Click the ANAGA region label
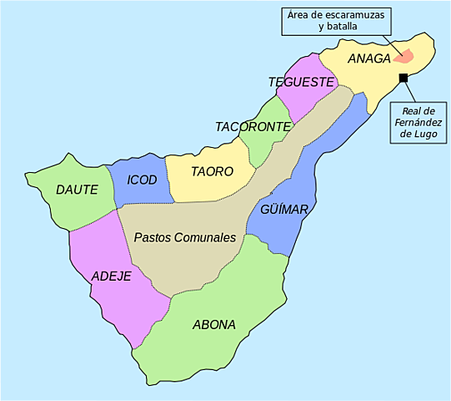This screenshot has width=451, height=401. click(369, 58)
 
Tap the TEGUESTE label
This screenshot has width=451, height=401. click(301, 82)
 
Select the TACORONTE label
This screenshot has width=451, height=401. click(253, 127)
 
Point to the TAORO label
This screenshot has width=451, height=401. click(212, 171)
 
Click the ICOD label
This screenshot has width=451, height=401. click(142, 180)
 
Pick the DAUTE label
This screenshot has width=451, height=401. click(77, 190)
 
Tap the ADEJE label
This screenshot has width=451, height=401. click(112, 276)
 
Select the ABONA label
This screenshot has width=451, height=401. click(214, 324)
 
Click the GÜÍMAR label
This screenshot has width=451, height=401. click(283, 209)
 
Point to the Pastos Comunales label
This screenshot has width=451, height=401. click(185, 238)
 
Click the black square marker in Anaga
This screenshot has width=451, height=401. click(403, 78)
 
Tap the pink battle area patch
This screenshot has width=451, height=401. click(404, 57)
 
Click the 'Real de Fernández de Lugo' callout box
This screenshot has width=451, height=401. click(418, 122)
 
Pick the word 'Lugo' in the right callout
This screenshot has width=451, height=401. click(418, 135)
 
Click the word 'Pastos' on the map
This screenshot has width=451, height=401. click(153, 238)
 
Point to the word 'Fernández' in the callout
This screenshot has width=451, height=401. click(418, 123)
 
